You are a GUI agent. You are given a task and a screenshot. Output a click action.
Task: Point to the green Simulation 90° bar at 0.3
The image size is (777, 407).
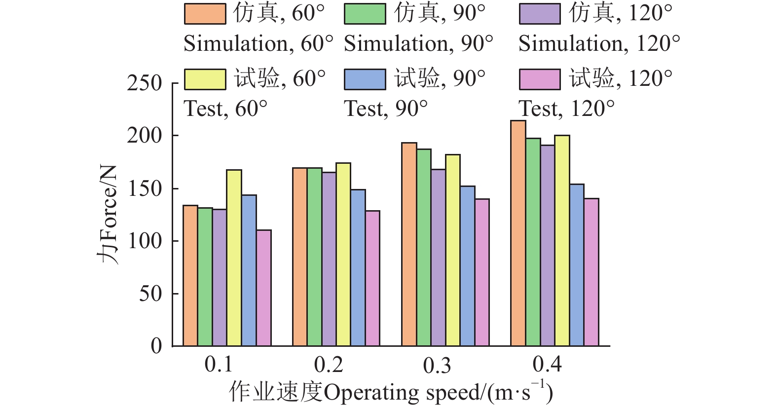click(424, 247)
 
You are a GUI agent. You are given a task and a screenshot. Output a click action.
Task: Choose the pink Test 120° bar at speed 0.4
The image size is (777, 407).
click(592, 272)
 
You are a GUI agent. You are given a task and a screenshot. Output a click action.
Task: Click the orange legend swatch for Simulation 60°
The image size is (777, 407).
click(205, 14)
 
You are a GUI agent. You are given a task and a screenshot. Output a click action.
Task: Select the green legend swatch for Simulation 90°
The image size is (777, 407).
click(365, 14)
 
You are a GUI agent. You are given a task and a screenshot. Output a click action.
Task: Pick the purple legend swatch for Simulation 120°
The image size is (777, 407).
click(540, 14)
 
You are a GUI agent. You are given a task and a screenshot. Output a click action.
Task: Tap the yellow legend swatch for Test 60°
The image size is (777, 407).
click(205, 79)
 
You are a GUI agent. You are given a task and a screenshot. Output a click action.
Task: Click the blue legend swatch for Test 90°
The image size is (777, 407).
click(365, 79)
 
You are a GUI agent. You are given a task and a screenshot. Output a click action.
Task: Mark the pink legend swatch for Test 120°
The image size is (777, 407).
click(540, 79)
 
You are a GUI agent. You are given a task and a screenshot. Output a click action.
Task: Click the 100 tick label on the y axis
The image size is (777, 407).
click(144, 241)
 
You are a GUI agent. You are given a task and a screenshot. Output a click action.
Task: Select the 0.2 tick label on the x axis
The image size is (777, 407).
click(328, 365)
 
